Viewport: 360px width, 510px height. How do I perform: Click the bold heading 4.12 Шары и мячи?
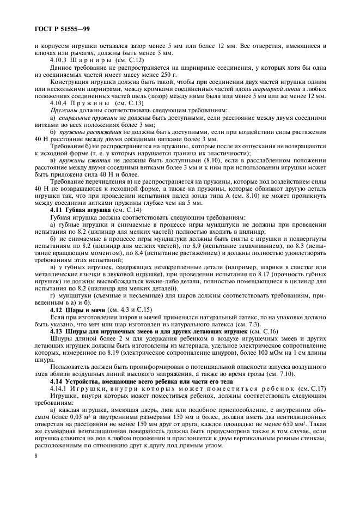click(x=75, y=309)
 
